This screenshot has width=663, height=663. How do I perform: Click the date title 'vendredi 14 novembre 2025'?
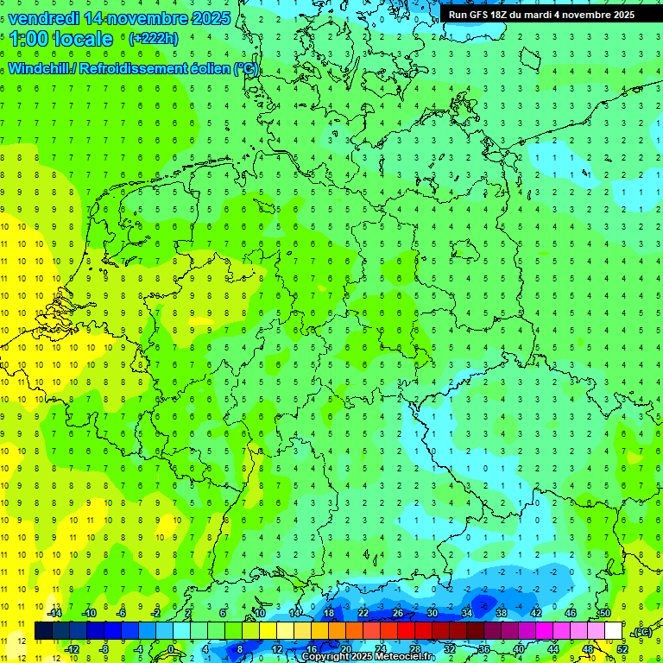coord(119,18)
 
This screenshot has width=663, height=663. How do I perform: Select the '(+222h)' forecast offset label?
coord(153,38)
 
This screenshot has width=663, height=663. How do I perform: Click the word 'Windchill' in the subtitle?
coord(40,69)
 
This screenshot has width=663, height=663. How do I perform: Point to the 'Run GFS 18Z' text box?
coord(541,14)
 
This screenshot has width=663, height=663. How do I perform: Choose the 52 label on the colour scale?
coord(622,648)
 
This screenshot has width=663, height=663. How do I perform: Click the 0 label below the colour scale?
coord(171,648)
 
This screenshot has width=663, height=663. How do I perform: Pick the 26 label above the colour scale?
coord(398,612)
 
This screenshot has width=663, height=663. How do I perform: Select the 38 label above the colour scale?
coord(502,612)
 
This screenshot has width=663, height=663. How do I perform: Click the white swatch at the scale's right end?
coord(613,630)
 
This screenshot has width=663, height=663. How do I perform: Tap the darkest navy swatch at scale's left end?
coord(43,630)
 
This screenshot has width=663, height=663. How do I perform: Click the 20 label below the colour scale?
coord(345,648)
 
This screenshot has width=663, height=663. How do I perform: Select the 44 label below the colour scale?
coord(553,648)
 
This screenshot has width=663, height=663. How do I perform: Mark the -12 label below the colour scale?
coord(72,648)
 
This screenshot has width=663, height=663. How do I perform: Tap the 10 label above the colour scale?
coord(260,612)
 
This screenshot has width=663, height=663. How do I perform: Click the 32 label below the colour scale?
coord(450,648)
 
